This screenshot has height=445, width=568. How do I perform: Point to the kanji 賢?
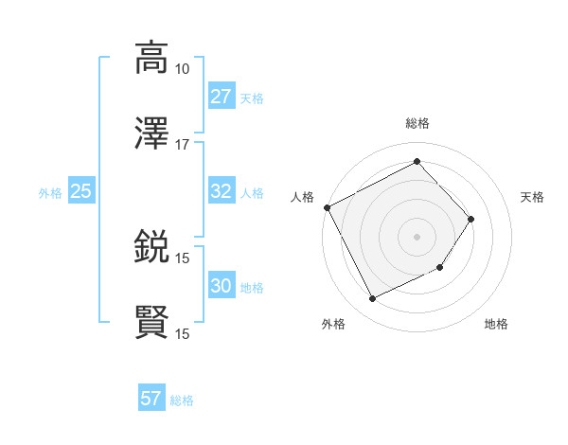point(151,323)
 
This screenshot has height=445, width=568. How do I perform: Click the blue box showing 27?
point(221,97)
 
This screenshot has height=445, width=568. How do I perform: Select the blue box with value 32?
point(221,191)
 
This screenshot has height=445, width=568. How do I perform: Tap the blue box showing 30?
point(221,286)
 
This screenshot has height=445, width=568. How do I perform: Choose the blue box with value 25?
point(80,191)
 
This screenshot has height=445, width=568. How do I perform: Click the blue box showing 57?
point(151,399)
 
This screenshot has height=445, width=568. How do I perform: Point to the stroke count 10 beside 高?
point(182,68)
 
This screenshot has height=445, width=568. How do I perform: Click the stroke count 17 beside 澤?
point(182,145)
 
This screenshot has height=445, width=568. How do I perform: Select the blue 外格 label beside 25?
point(50,192)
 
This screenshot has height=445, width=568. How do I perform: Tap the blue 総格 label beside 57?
point(182,400)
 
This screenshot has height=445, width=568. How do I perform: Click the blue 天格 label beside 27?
point(251,98)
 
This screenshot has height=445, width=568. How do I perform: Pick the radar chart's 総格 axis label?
point(417,123)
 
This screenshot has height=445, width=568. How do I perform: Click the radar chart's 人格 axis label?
point(303,197)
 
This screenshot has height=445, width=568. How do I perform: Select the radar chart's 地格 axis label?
point(496,325)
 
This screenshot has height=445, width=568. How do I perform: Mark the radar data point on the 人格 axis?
point(327,207)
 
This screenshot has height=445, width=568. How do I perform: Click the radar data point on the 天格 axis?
point(471,219)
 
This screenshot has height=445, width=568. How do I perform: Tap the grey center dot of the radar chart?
point(417,236)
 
